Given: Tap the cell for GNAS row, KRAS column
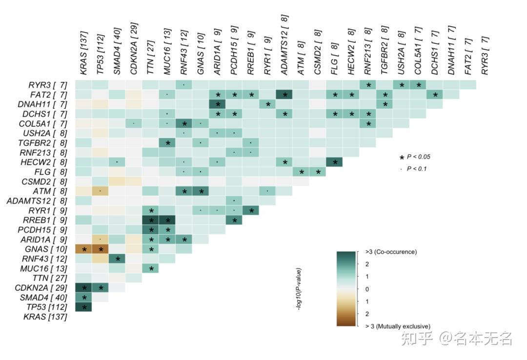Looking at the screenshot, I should (84, 249).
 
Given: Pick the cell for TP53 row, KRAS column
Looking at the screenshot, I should (84, 307).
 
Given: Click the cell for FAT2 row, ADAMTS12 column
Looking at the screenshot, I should (284, 94).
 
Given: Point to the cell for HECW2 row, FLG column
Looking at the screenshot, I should (334, 162).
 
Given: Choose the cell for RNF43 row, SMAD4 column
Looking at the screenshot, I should (118, 259).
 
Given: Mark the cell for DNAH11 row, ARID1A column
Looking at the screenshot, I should (217, 104).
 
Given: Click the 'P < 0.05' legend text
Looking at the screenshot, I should (418, 157).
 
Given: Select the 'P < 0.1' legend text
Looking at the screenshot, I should (417, 168).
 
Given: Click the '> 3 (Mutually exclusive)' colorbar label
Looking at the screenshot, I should (397, 326).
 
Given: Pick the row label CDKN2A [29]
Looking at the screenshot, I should (44, 287).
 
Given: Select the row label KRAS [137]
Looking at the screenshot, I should (45, 317).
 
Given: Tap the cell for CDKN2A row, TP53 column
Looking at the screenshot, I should (101, 287).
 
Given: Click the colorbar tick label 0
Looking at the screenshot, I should (367, 289).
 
